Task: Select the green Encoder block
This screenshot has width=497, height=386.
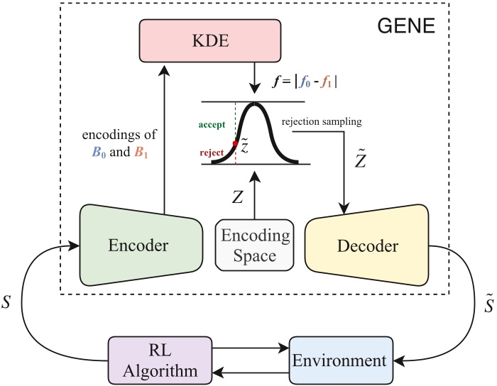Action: (x=138, y=246)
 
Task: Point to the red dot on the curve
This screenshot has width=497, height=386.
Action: (x=224, y=144)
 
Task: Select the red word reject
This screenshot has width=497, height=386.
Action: (x=210, y=151)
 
